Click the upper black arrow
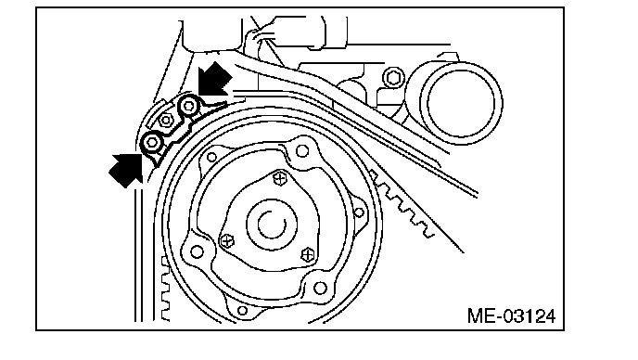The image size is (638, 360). pyautogui.click(x=213, y=80)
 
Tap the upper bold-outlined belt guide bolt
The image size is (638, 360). pyautogui.click(x=189, y=107)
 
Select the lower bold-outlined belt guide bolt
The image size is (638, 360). pyautogui.click(x=152, y=142)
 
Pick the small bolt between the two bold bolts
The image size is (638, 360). pyautogui.click(x=166, y=120)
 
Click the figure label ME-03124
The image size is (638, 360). pyautogui.click(x=511, y=316)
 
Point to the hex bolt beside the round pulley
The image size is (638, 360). pyautogui.click(x=393, y=77)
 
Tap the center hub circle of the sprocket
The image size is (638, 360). pyautogui.click(x=272, y=224)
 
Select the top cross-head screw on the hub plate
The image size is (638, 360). pyautogui.click(x=280, y=177)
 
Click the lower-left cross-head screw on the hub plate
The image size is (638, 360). pyautogui.click(x=227, y=241)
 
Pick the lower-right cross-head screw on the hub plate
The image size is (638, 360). pyautogui.click(x=309, y=254)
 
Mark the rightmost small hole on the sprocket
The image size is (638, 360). pyautogui.click(x=359, y=212)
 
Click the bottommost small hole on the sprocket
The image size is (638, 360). pyautogui.click(x=242, y=311)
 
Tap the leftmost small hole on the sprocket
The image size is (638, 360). pyautogui.click(x=197, y=251)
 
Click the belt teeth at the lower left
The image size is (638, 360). pyautogui.click(x=165, y=289)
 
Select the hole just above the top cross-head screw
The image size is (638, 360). pyautogui.click(x=302, y=151)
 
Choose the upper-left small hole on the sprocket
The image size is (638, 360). pyautogui.click(x=211, y=157)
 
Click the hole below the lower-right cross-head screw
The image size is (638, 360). pyautogui.click(x=320, y=289)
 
